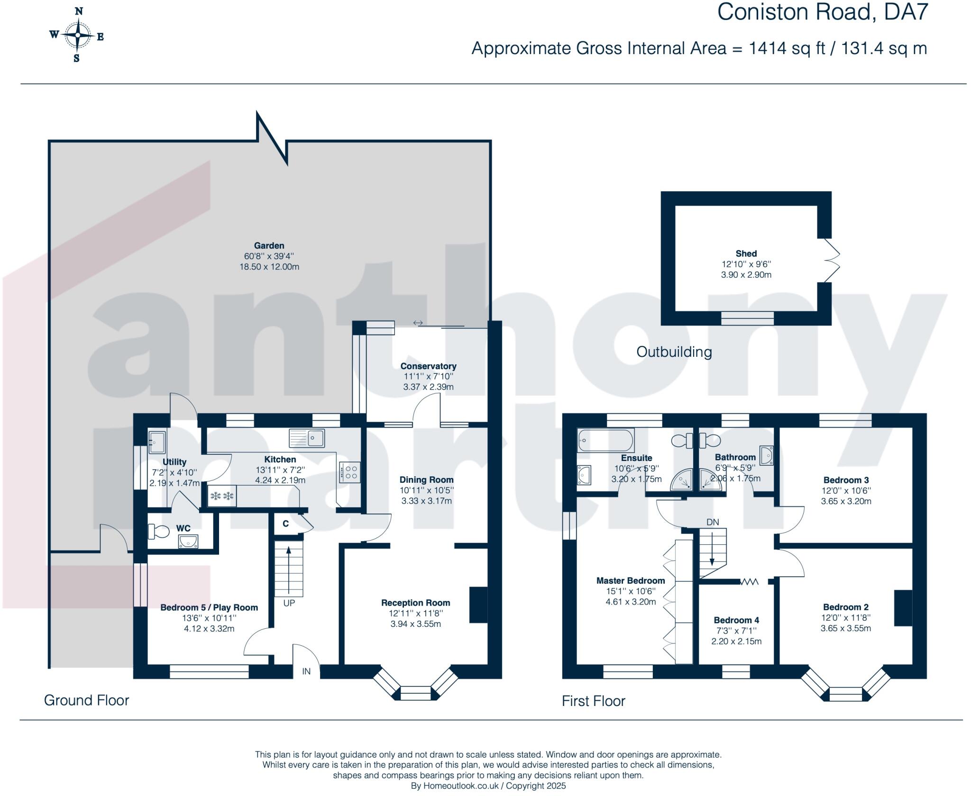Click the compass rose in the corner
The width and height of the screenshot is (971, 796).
pos(77,35)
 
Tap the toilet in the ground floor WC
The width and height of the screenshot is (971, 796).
pos(158,531)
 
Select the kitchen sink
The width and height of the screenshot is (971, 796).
pos(307,438)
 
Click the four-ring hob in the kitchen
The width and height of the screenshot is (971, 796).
pos(350,472)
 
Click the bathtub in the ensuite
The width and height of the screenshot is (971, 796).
pos(605,440)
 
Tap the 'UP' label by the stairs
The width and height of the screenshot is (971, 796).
pos(289,603)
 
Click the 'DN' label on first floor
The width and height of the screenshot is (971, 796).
pos(713,522)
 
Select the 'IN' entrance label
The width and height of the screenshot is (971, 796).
pos(306,671)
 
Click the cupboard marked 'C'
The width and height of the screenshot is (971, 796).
pos(286,524)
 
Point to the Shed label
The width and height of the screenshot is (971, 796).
pos(746,253)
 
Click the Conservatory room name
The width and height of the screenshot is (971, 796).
pos(428,366)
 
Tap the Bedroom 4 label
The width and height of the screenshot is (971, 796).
pos(736,620)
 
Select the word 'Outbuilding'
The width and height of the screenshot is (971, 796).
pos(674,352)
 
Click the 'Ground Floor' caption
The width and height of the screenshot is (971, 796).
pos(86,700)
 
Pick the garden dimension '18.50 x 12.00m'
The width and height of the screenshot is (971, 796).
pos(269,267)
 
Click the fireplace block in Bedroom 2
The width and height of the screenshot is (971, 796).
pos(903,608)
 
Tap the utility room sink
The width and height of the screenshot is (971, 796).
pos(157,442)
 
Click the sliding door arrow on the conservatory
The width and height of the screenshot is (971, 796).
pos(418,323)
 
